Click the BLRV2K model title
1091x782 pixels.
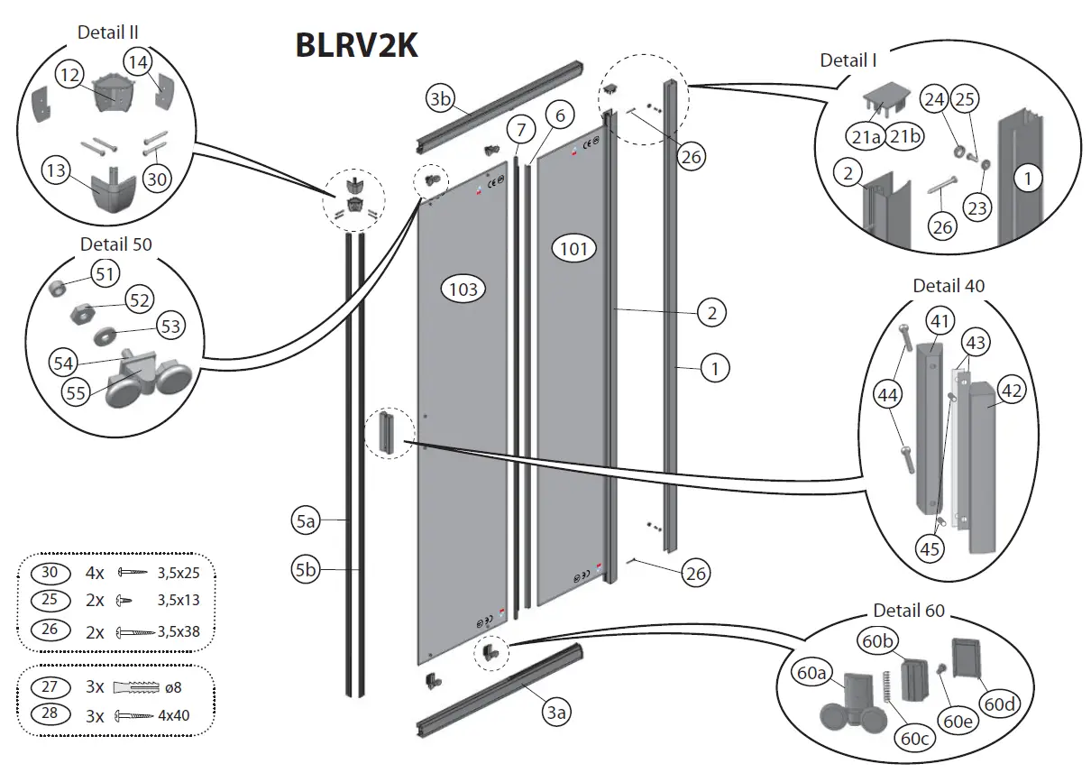click(356, 45)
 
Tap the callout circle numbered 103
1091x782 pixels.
click(463, 290)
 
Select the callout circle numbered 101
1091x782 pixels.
click(574, 249)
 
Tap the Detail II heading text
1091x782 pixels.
click(107, 32)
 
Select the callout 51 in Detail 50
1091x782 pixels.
click(105, 272)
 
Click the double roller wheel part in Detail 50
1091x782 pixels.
click(149, 383)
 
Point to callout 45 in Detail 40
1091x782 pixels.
click(930, 547)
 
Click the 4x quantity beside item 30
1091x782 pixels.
click(95, 573)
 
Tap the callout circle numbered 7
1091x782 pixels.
click(519, 130)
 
